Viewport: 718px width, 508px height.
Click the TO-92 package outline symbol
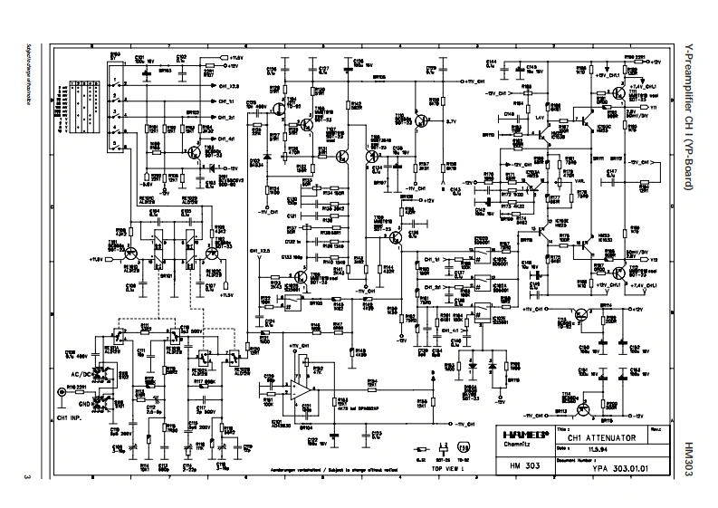464,448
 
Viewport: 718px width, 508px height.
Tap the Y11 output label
653,108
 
